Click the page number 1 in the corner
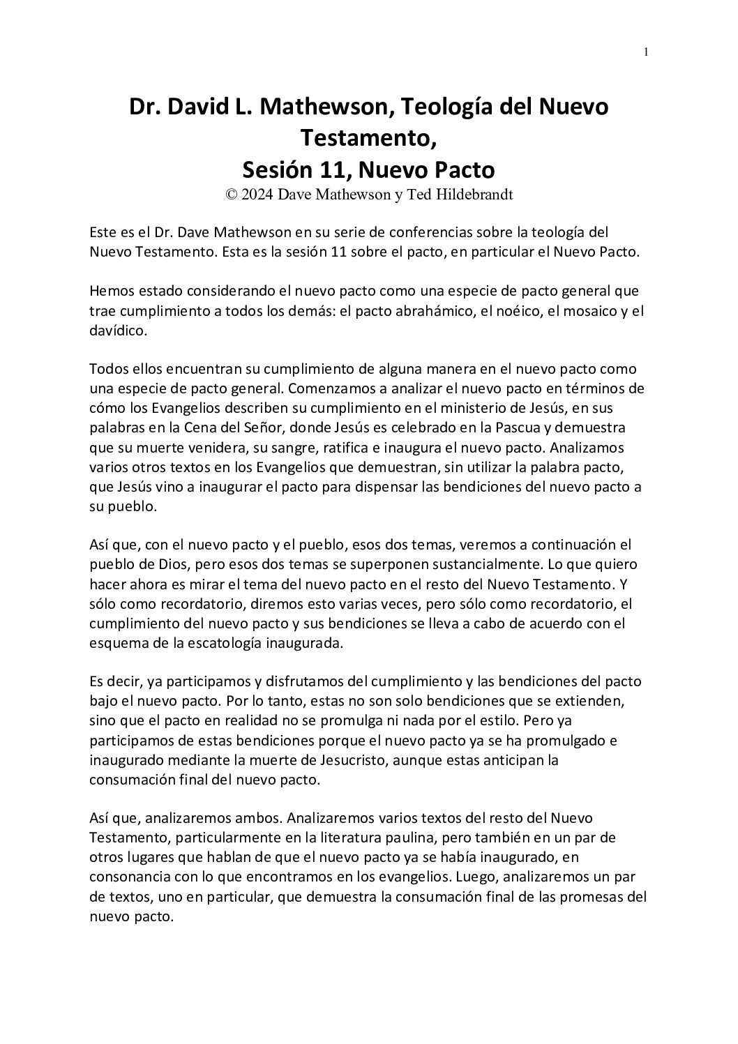pyautogui.click(x=647, y=52)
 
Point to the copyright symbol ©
pyautogui.click(x=231, y=195)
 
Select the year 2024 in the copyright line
pyautogui.click(x=257, y=195)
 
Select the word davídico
pyautogui.click(x=118, y=331)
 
